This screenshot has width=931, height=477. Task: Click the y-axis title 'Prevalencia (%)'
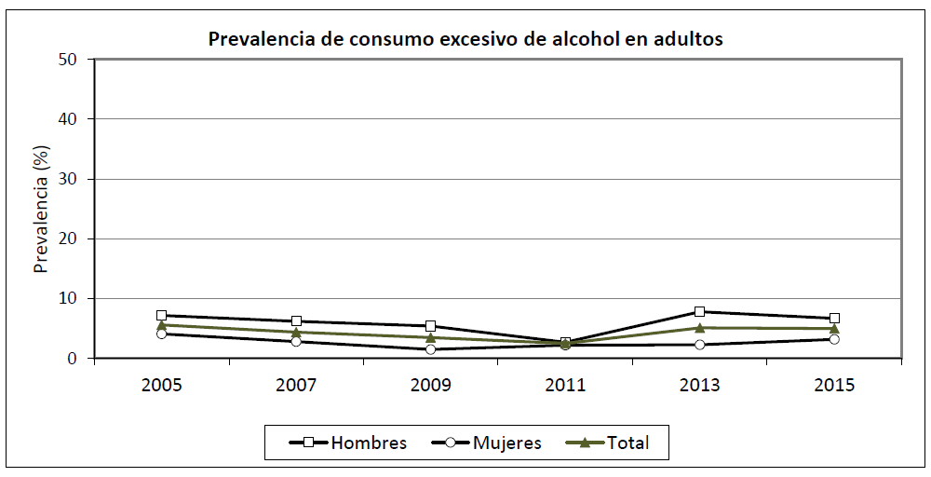[40, 209]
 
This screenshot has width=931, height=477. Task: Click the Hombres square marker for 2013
[700, 311]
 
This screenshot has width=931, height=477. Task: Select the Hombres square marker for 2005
[161, 316]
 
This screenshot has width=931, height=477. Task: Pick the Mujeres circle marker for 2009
[431, 349]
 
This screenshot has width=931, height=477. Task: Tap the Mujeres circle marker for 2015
[835, 339]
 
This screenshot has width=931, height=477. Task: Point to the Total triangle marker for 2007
[296, 332]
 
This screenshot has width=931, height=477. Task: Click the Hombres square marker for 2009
[431, 326]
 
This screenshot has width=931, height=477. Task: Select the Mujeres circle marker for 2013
[700, 345]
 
